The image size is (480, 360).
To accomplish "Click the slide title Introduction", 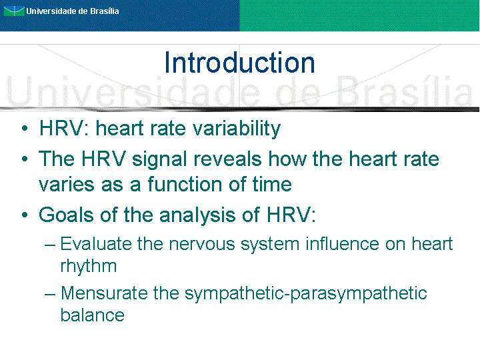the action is (x=240, y=63).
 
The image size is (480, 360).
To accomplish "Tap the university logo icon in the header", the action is (x=14, y=11).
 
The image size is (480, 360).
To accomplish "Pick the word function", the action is (x=185, y=184).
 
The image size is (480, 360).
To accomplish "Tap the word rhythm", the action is (x=89, y=266).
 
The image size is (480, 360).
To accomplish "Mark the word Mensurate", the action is (x=105, y=293).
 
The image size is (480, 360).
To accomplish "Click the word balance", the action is (x=93, y=315).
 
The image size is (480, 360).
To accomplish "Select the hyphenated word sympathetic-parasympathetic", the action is (x=306, y=294).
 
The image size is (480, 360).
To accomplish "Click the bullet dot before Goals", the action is (x=25, y=215).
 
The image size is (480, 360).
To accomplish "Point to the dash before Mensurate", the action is (x=50, y=294).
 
